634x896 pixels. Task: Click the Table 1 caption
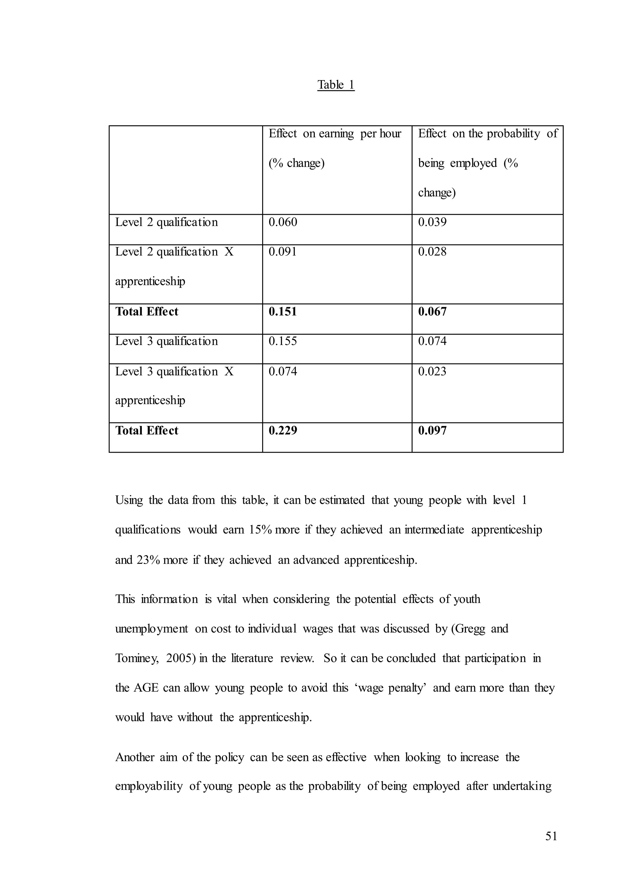coord(336,85)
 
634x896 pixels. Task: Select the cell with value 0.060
coord(283,222)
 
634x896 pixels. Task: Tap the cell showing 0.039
coord(432,222)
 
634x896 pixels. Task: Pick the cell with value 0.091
coord(283,252)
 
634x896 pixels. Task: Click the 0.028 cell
coord(432,252)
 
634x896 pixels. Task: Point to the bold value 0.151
coord(283,312)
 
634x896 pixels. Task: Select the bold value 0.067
coord(432,312)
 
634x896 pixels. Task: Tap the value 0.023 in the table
coord(432,371)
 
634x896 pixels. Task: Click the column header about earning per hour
coord(335,148)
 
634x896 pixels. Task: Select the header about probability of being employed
coord(488,163)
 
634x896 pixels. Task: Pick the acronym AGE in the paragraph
coord(146,688)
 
